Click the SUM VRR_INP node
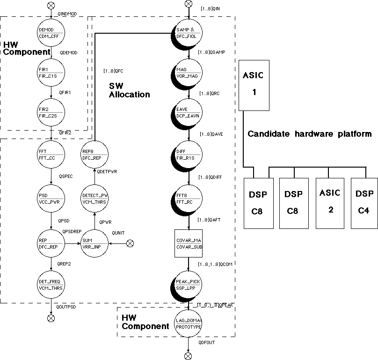[94, 243]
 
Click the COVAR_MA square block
[189, 243]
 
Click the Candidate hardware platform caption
[309, 134]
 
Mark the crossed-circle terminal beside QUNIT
[131, 243]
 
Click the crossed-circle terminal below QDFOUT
[188, 356]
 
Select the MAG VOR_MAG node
[189, 73]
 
